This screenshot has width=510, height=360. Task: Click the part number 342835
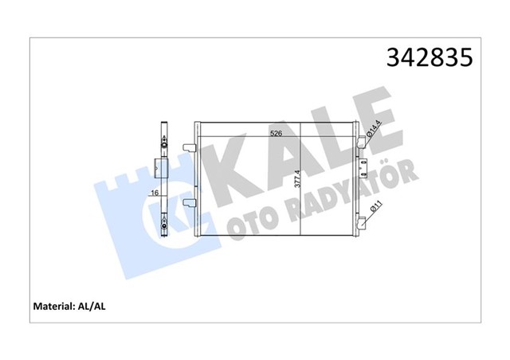(x=429, y=58)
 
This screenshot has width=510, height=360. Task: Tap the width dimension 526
(x=276, y=133)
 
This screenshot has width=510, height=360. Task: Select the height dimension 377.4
(x=296, y=184)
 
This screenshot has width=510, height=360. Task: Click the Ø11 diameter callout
(x=375, y=209)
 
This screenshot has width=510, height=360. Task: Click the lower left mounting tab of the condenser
(x=188, y=202)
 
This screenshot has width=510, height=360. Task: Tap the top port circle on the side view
(x=164, y=143)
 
